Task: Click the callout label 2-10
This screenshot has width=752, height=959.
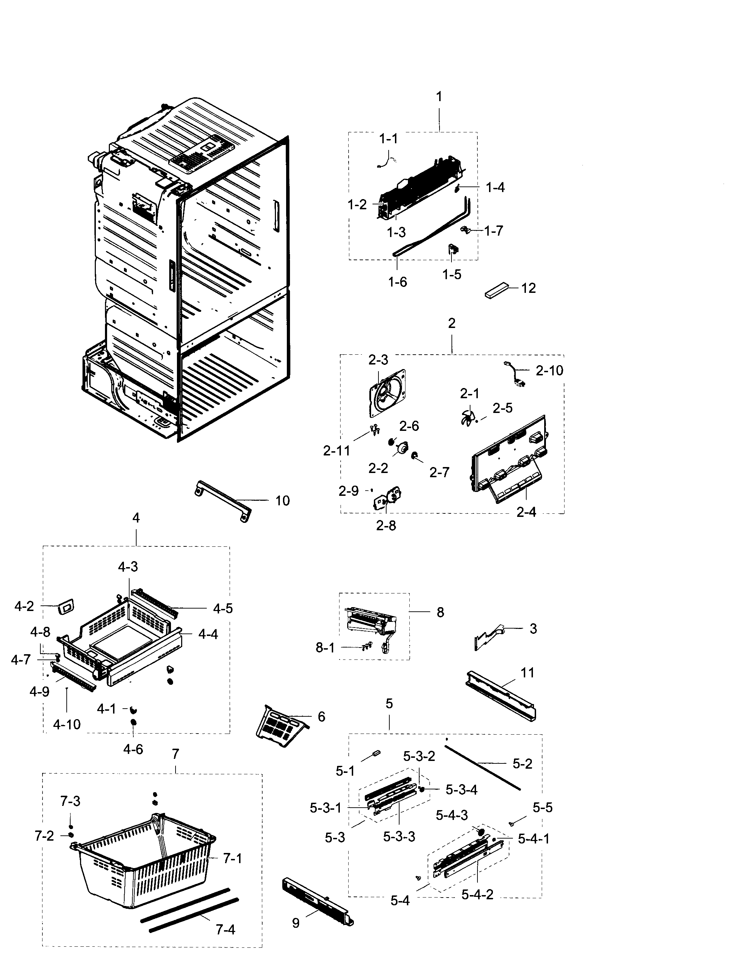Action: coord(549,371)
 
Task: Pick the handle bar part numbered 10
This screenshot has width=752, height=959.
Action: coord(223,501)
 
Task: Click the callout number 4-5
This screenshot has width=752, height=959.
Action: coord(223,609)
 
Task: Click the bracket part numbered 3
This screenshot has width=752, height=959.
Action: coord(489,638)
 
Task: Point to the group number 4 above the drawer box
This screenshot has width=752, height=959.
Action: coord(136,518)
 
